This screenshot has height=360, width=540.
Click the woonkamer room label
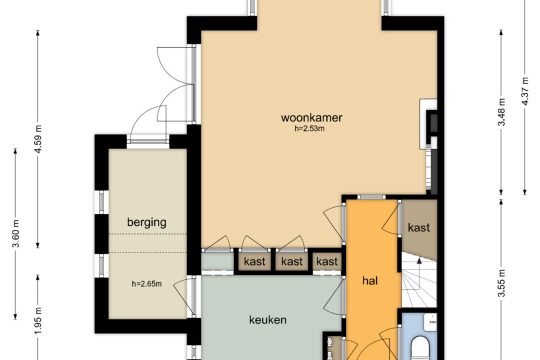[x=311, y=117]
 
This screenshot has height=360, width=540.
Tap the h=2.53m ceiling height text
[x=309, y=129]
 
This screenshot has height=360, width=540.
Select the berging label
[x=147, y=222]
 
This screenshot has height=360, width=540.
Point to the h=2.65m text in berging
[x=147, y=284]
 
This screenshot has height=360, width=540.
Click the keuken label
[x=268, y=320]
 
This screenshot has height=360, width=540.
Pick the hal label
[x=370, y=281]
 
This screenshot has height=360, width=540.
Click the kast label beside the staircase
[x=419, y=227]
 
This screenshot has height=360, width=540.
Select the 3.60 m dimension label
[x=16, y=233]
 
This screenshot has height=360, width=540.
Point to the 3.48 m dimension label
[x=501, y=112]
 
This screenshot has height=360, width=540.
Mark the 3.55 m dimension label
[x=501, y=282]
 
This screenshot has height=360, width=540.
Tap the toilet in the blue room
[x=420, y=349]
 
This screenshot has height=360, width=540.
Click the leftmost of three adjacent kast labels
[x=255, y=261]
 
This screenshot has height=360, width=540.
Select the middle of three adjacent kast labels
[x=292, y=261]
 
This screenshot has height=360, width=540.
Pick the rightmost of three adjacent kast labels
[x=327, y=261]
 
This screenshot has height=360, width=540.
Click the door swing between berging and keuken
[x=180, y=296]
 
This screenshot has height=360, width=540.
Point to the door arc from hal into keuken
[x=332, y=297]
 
